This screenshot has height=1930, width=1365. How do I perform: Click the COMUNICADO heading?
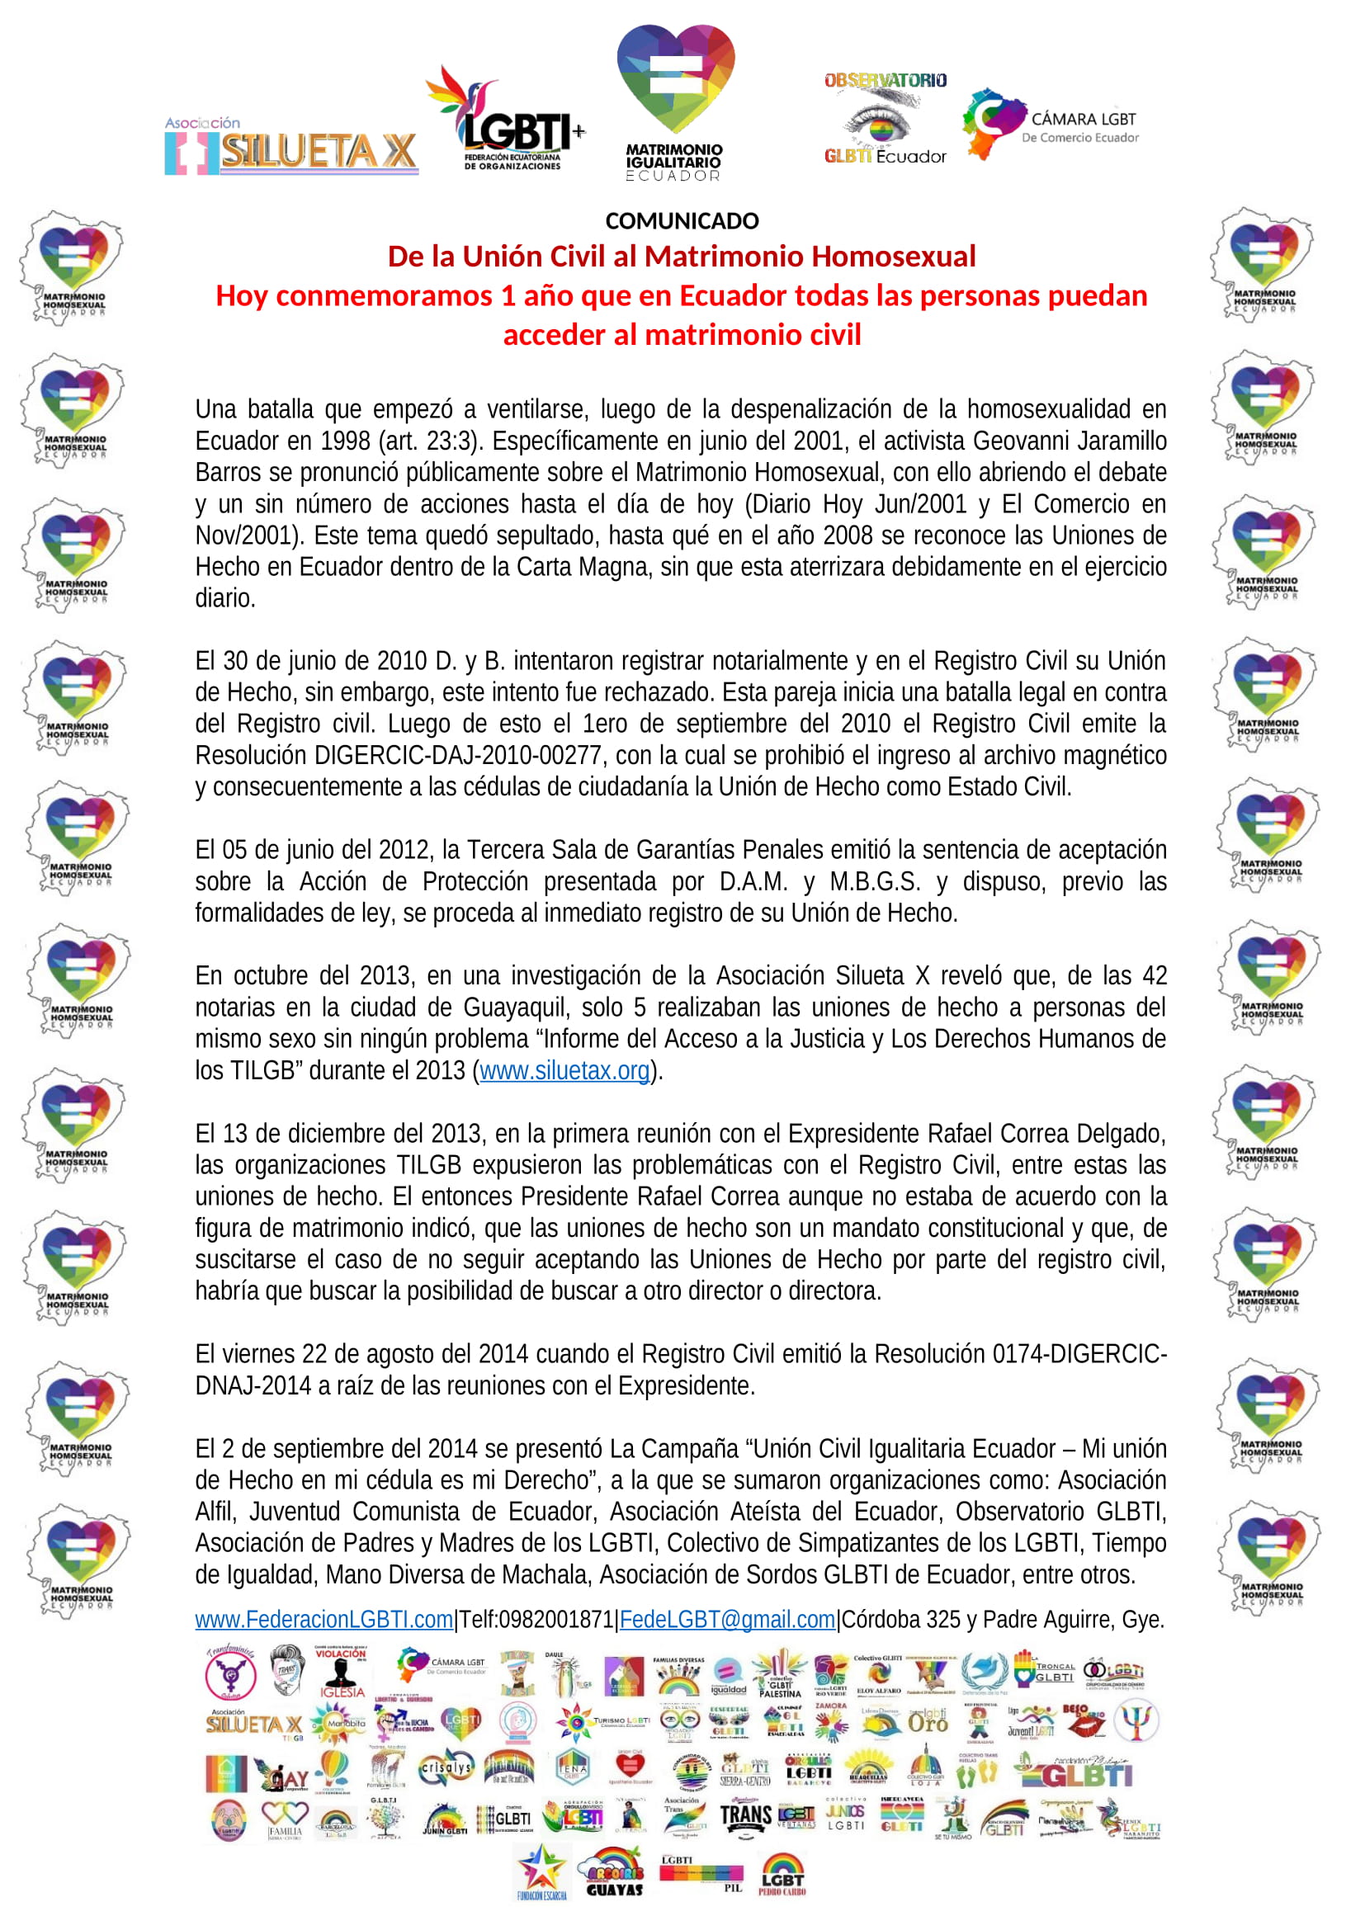[682, 221]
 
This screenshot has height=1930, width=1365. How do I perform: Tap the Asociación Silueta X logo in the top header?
[290, 148]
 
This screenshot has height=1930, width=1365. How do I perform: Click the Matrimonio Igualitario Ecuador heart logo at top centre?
[675, 101]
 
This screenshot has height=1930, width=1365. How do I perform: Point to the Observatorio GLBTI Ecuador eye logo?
[884, 119]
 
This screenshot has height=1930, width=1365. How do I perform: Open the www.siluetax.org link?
[564, 1070]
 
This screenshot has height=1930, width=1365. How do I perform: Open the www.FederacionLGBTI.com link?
[324, 1619]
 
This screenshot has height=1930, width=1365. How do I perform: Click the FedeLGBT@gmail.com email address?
[727, 1619]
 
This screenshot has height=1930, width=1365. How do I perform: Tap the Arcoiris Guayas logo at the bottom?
[616, 1871]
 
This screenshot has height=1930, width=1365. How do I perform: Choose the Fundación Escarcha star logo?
[542, 1871]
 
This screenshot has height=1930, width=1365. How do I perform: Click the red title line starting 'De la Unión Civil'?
[682, 257]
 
